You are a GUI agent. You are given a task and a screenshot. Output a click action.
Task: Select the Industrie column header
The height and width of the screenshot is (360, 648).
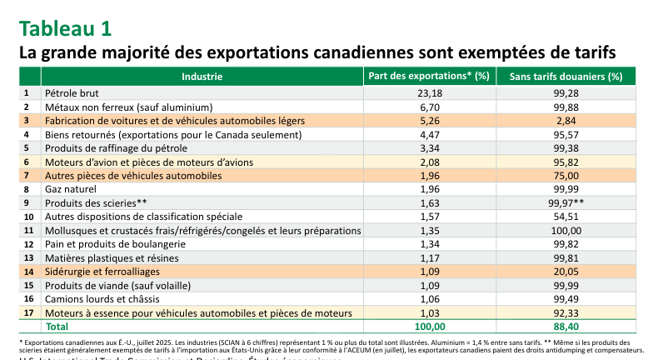(202, 77)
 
